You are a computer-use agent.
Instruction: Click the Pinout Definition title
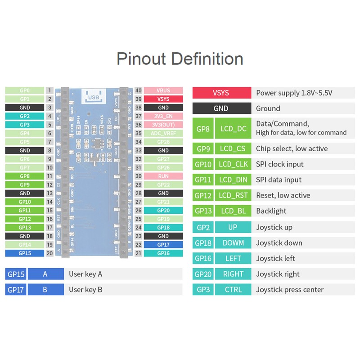coord(180,59)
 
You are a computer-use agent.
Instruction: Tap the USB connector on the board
coord(93,96)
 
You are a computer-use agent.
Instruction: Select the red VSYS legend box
coord(221,93)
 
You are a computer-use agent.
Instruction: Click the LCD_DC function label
coord(233,129)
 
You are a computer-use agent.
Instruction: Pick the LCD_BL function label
coord(233,211)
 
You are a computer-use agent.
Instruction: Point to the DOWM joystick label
coord(233,243)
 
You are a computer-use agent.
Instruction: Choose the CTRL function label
coord(233,289)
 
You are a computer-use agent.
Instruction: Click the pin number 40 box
coord(139,90)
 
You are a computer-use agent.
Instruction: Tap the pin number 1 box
coord(49,90)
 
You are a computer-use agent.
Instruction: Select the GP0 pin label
coord(25,90)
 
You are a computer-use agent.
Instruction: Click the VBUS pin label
coord(163,90)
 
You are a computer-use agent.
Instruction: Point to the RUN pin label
coord(163,176)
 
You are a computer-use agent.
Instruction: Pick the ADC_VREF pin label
coord(163,133)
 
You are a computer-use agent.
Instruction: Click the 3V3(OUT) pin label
coord(163,125)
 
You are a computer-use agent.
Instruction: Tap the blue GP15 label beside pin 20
coord(25,253)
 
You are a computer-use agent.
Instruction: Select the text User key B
coord(85,289)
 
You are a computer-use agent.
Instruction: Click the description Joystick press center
coord(290,289)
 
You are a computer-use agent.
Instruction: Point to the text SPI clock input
coord(279,164)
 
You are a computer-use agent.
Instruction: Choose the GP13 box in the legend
coord(203,211)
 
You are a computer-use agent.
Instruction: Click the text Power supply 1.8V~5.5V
coord(294,93)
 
